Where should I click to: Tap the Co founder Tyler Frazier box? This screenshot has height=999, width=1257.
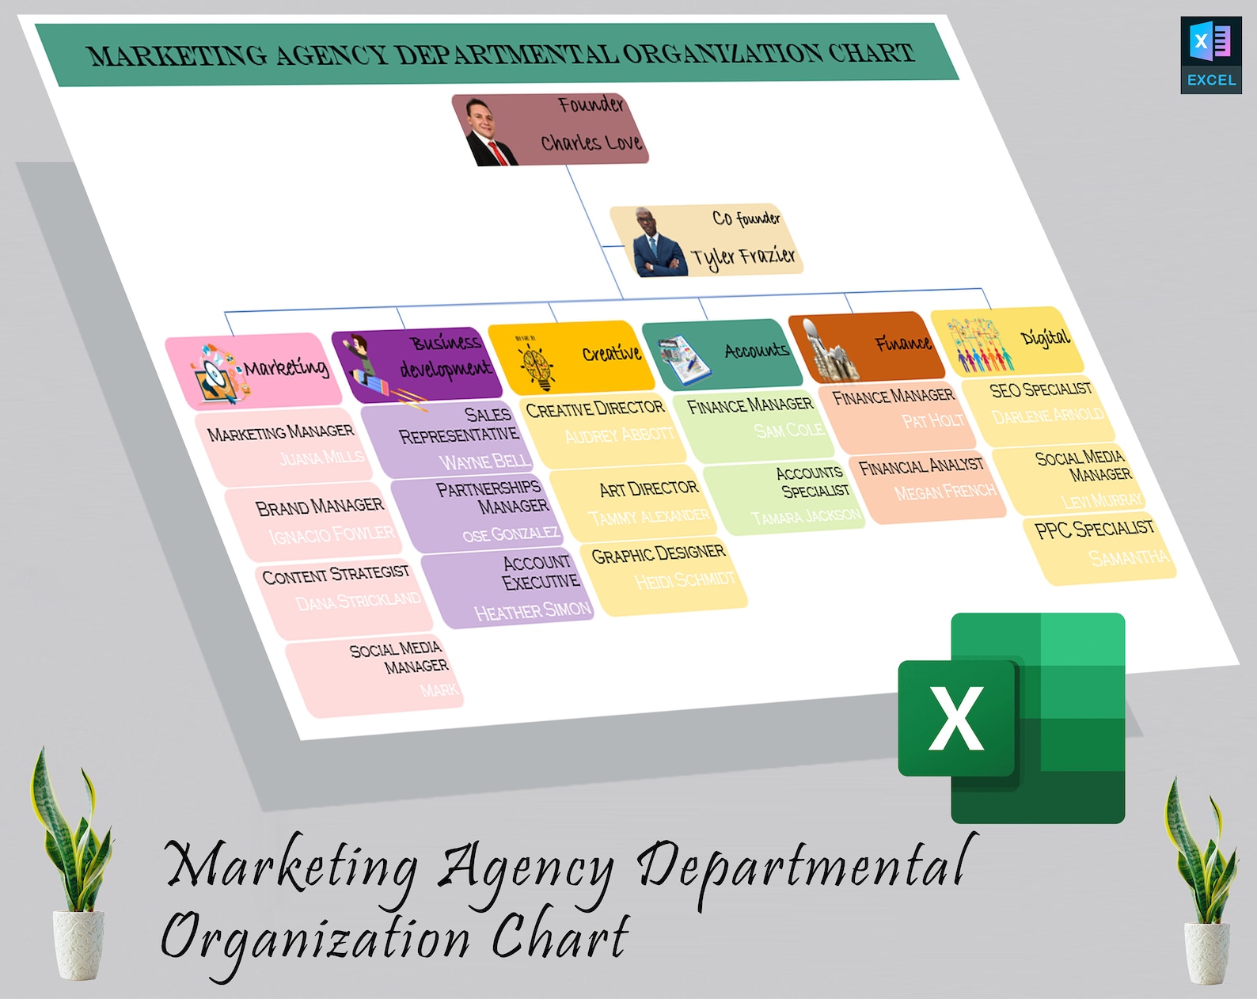pos(707,240)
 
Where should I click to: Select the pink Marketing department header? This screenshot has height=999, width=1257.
pos(253,370)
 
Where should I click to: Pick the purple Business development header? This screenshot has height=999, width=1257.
pos(418,363)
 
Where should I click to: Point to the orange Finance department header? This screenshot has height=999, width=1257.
pos(868,346)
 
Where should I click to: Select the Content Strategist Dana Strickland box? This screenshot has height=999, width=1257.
pos(343,590)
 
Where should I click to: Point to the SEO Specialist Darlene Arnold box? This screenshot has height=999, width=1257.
pos(1042,405)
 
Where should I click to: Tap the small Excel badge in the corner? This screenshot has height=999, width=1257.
pos(1210,55)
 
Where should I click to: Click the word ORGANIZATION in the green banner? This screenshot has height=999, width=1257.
pos(723,54)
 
